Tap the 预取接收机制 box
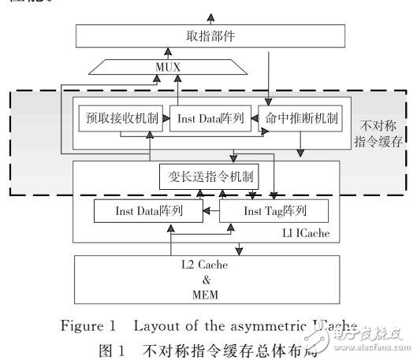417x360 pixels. (120, 119)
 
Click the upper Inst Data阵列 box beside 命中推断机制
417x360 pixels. (209, 119)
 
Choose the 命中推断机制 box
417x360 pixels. (299, 119)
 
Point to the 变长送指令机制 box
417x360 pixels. (210, 176)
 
